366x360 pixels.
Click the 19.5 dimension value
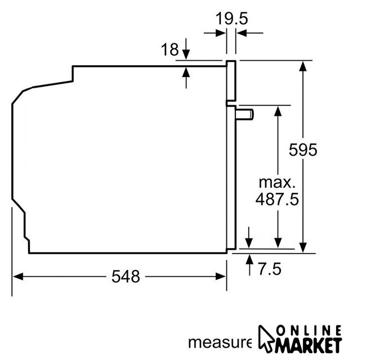pyautogui.click(x=231, y=19)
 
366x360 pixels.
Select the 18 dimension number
pyautogui.click(x=169, y=49)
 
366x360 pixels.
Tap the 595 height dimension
pyautogui.click(x=303, y=150)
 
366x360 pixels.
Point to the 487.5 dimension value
pyautogui.click(x=277, y=199)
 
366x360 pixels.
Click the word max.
pyautogui.click(x=277, y=183)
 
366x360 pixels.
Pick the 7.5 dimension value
pyautogui.click(x=270, y=269)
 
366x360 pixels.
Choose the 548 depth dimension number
pyautogui.click(x=126, y=277)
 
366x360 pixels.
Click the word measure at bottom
pyautogui.click(x=220, y=343)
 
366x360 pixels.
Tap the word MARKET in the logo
pyautogui.click(x=309, y=345)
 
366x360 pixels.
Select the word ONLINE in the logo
pyautogui.click(x=309, y=330)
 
